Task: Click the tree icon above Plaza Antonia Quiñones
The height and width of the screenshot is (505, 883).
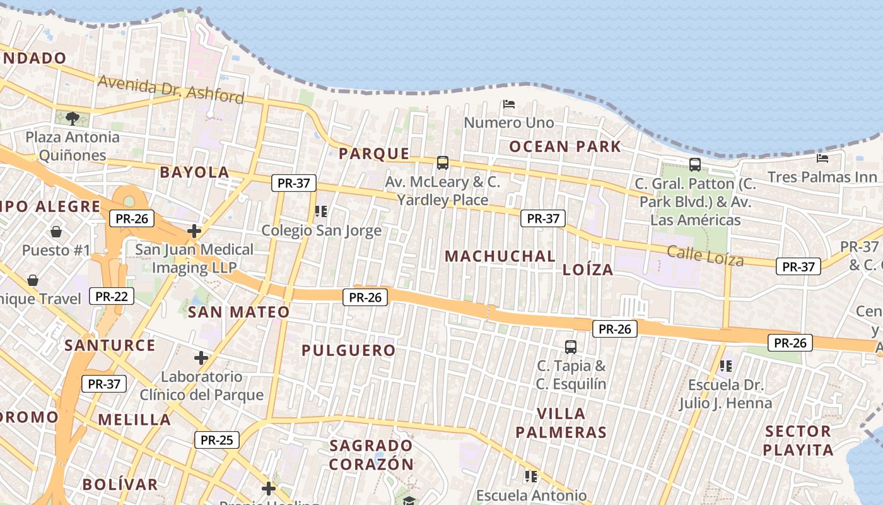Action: pos(73,118)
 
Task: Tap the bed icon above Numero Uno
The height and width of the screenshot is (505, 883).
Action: pos(509,104)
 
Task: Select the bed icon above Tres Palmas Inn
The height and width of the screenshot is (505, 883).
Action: pos(822,158)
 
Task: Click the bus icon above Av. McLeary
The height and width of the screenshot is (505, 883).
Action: pos(443,163)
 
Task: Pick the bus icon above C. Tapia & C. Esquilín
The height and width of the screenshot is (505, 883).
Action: pos(571,347)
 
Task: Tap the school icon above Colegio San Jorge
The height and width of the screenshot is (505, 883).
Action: pos(321,211)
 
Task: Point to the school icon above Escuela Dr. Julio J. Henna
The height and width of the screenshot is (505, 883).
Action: pos(726,365)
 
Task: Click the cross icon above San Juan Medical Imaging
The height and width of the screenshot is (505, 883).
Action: pos(194,231)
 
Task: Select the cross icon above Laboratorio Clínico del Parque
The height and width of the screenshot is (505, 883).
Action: pos(201,358)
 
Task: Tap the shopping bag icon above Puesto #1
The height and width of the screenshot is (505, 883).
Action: pos(56,231)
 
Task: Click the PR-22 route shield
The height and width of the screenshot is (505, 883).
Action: pos(112,295)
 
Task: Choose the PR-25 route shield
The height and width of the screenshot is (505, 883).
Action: pos(216,440)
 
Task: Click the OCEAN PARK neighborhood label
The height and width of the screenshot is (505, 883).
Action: pos(565,147)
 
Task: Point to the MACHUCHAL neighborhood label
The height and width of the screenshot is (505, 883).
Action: pos(500,256)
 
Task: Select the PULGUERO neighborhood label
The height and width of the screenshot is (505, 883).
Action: pos(349,350)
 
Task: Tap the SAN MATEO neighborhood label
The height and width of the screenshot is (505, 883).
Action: pos(239,312)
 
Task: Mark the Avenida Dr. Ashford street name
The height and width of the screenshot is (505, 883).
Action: pos(171,89)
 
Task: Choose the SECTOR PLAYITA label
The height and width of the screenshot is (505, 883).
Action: pos(798,441)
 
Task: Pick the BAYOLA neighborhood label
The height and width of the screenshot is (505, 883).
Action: pos(194,172)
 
